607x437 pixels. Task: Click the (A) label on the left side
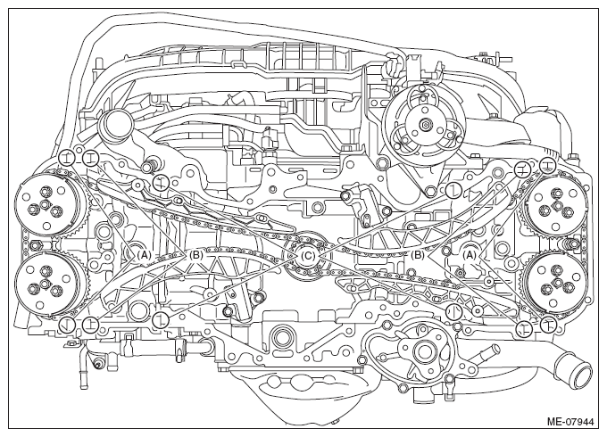(x=143, y=255)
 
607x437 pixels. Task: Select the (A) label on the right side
(x=470, y=255)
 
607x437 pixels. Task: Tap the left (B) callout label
(x=195, y=255)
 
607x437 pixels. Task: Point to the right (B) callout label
(x=418, y=255)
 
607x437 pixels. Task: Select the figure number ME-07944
(x=571, y=421)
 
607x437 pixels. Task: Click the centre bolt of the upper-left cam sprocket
(x=45, y=204)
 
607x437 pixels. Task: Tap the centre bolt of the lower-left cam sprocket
(x=45, y=284)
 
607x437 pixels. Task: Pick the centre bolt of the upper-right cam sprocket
(x=557, y=205)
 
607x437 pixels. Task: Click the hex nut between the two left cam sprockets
(x=36, y=245)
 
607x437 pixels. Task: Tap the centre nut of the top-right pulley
(x=425, y=125)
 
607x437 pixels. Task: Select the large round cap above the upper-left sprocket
(x=115, y=125)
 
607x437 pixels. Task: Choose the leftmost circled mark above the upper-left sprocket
(x=66, y=158)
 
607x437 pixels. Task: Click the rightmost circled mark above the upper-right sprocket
(x=547, y=166)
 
